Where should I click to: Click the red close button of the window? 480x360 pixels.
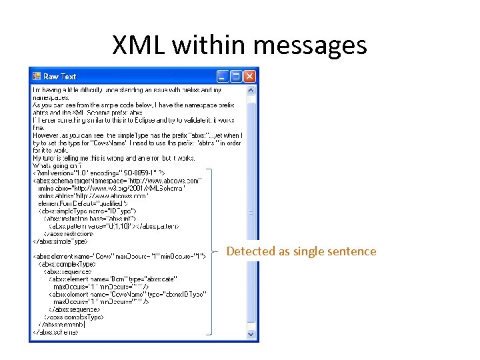pyautogui.click(x=250, y=76)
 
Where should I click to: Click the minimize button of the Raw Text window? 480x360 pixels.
pyautogui.click(x=222, y=76)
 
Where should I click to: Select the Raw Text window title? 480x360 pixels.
pyautogui.click(x=60, y=77)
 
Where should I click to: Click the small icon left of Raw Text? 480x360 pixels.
pyautogui.click(x=37, y=77)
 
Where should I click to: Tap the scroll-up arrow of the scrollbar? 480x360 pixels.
pyautogui.click(x=251, y=90)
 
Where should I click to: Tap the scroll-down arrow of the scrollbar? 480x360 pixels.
pyautogui.click(x=251, y=333)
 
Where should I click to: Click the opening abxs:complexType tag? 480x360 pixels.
pyautogui.click(x=63, y=263)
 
